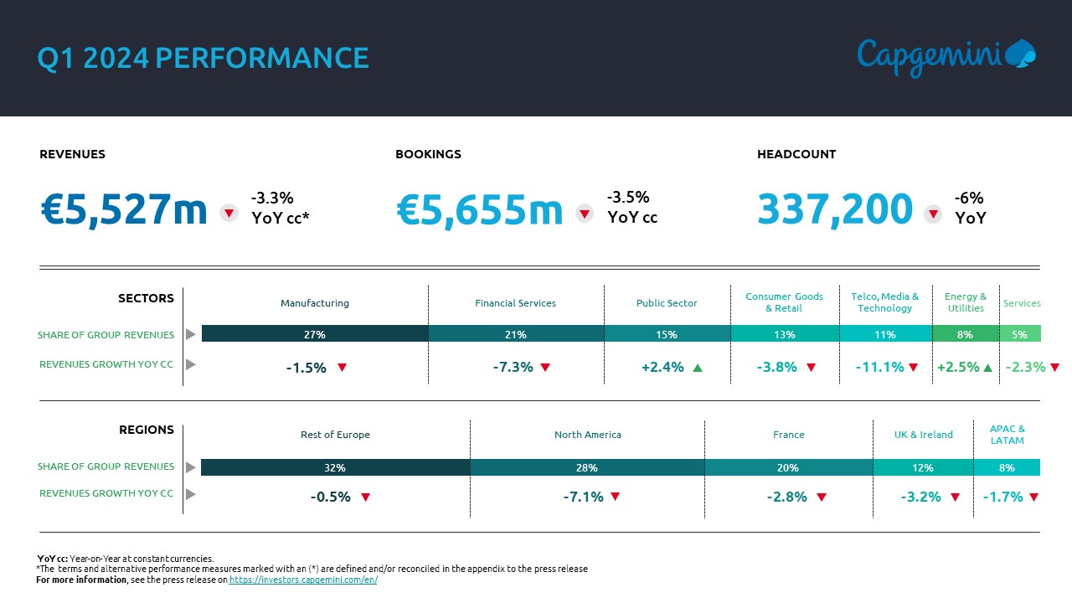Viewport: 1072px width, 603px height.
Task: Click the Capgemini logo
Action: [946, 56]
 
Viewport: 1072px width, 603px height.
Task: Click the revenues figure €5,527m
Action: [124, 209]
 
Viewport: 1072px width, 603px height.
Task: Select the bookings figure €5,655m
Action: [480, 209]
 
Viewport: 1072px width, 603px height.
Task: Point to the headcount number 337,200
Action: [834, 209]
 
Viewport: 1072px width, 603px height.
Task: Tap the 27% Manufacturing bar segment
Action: [315, 334]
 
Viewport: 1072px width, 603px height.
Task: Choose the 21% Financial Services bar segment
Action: [516, 334]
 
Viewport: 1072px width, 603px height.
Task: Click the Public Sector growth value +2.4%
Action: [662, 367]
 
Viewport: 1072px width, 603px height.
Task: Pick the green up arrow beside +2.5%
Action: [987, 367]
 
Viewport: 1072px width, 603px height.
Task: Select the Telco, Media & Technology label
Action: [884, 302]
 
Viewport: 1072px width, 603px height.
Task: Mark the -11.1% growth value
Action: [879, 367]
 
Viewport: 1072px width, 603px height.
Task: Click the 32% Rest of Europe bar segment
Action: [335, 467]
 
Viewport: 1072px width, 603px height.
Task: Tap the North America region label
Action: [588, 435]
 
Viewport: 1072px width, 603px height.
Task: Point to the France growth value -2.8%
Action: [787, 497]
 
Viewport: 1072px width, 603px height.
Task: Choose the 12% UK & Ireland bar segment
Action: [923, 467]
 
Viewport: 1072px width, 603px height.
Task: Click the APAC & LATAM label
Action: [1007, 435]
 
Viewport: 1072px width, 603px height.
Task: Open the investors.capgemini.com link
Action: [303, 580]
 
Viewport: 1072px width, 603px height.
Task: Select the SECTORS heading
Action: [146, 298]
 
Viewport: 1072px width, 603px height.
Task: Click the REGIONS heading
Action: [147, 430]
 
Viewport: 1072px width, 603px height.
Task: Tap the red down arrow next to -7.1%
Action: [615, 497]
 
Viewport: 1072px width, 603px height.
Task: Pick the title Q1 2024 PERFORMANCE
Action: [203, 58]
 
